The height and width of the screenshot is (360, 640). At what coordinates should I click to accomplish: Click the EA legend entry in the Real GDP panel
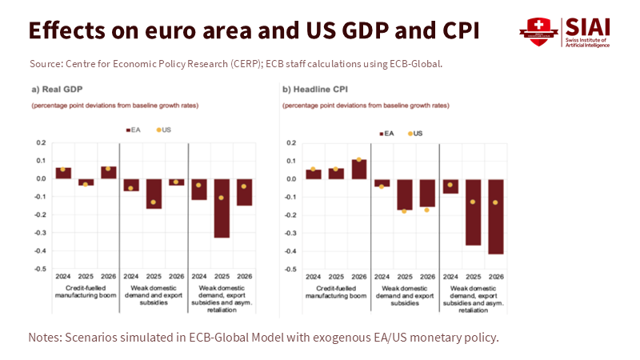point(136,129)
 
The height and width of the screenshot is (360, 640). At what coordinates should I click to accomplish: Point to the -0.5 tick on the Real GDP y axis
point(40,269)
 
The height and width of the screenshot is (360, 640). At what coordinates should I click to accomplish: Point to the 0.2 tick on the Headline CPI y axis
point(291,142)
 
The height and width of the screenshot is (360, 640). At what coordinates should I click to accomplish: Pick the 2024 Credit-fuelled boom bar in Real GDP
point(62,173)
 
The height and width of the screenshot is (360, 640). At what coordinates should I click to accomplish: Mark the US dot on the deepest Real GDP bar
point(222,198)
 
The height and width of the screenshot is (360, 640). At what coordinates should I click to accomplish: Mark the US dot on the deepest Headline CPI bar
point(496,202)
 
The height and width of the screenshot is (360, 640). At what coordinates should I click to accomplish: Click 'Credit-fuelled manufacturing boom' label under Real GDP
point(84,291)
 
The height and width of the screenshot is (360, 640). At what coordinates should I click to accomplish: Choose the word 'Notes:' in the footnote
point(47,337)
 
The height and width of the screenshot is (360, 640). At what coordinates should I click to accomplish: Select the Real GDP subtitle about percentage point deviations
point(114,106)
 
